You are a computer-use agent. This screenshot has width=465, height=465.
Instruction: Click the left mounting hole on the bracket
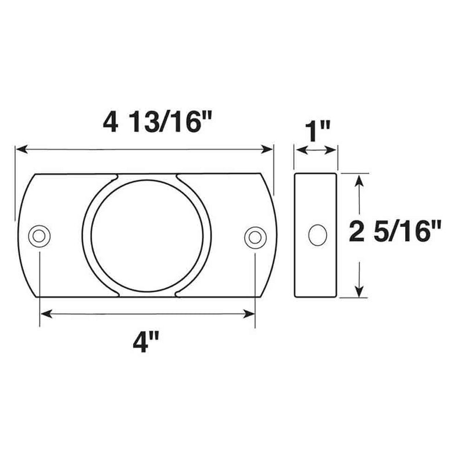40,235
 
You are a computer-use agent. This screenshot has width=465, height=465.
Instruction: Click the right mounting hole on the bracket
255,236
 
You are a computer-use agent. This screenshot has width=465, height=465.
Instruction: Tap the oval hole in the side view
317,235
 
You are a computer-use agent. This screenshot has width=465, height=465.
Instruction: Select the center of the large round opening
147,235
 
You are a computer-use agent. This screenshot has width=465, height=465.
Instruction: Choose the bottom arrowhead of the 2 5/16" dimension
361,292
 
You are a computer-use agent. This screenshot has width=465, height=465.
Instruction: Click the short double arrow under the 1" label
316,150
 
